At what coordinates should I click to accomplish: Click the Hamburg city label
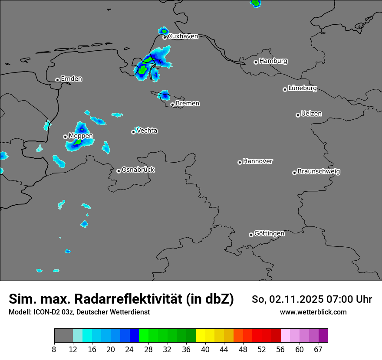[273, 61]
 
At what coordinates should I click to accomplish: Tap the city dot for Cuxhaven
[165, 37]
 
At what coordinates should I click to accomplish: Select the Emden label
[71, 79]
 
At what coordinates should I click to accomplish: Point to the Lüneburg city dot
[285, 89]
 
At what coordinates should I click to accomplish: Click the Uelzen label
[311, 114]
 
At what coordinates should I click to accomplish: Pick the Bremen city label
[188, 104]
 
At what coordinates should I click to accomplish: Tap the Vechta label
[147, 131]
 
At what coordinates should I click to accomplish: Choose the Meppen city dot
[65, 137]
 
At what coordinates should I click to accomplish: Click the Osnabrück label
[138, 170]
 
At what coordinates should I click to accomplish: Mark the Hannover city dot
[240, 162]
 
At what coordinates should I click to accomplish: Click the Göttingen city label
[269, 233]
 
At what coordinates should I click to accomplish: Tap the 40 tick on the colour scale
[205, 349]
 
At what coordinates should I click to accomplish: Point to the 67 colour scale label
[318, 349]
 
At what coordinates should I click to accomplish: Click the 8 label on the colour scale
[54, 349]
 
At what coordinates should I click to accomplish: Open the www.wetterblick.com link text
[313, 312]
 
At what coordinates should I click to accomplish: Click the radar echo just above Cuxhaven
[163, 30]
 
